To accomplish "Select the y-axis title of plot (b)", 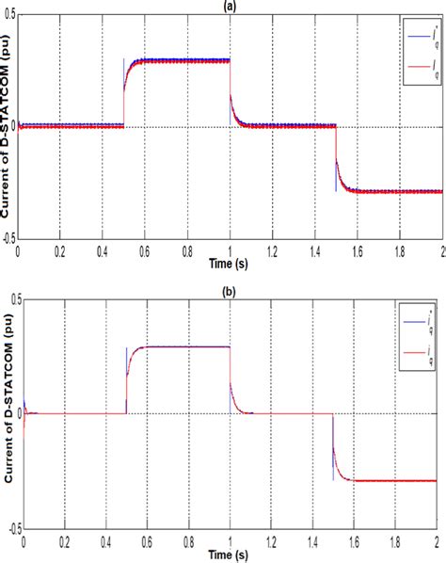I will [x=7, y=414].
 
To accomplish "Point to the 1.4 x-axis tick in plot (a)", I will [x=313, y=249].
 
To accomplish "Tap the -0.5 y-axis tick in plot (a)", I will [x=10, y=239].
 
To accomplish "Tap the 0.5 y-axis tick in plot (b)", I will [x=12, y=298].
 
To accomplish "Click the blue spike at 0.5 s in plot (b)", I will [x=126, y=358].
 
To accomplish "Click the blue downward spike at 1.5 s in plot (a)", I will [x=336, y=179].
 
